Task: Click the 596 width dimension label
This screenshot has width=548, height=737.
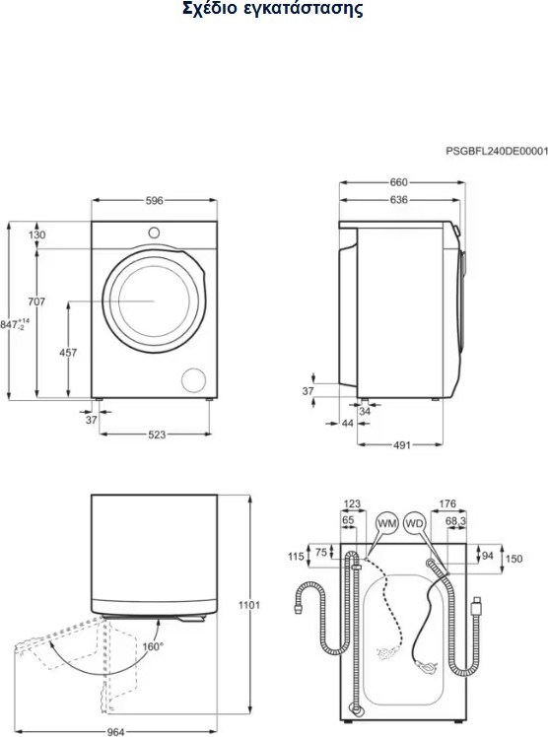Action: (x=154, y=201)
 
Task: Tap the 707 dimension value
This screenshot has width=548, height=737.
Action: (x=36, y=301)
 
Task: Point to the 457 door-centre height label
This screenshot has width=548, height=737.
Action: (x=68, y=352)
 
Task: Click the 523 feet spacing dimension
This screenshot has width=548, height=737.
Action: (x=157, y=435)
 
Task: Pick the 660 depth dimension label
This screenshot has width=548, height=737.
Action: (x=399, y=182)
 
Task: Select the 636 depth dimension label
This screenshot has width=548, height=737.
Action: (x=399, y=200)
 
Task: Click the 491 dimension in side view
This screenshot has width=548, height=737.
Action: (x=402, y=445)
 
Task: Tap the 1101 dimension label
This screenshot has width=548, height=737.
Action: (x=248, y=605)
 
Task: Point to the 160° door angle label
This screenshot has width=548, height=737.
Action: (x=153, y=646)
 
